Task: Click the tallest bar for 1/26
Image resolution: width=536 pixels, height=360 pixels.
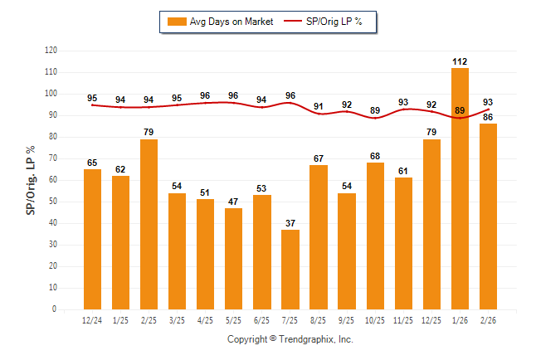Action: click(460, 188)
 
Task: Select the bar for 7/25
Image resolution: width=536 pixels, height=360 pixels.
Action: click(290, 269)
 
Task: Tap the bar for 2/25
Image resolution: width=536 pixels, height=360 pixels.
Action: click(149, 224)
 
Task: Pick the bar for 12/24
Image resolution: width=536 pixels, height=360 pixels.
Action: click(93, 239)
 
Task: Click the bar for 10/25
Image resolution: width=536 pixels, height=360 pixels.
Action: click(375, 236)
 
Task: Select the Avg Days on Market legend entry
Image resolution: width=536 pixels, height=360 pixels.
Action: click(217, 22)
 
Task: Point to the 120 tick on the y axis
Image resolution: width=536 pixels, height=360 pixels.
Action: click(51, 51)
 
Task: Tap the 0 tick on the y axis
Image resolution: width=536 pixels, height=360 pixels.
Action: click(55, 309)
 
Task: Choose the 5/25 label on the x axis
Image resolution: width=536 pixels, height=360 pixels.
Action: click(234, 319)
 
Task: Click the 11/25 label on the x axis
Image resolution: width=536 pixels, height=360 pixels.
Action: click(403, 319)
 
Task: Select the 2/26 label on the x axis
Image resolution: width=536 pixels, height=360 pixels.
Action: click(488, 319)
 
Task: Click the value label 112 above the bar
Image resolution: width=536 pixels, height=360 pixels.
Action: click(460, 61)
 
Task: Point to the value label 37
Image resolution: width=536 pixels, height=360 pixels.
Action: click(290, 223)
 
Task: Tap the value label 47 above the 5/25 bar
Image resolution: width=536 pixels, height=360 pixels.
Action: click(234, 202)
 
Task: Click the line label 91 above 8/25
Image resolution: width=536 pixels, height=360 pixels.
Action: click(319, 106)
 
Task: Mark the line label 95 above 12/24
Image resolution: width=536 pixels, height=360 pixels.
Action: click(93, 98)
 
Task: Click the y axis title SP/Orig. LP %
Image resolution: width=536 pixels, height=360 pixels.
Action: click(31, 180)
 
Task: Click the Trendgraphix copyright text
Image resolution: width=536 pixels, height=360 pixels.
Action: click(290, 339)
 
